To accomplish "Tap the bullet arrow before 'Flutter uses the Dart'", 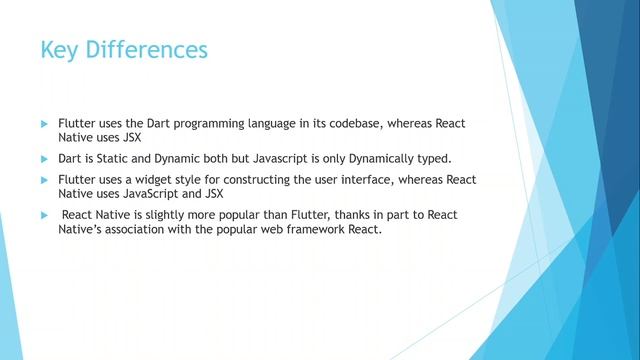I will [44, 123].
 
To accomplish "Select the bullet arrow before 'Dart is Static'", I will [44, 159].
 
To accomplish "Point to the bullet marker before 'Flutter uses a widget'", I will [44, 180].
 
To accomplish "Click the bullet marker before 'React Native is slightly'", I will [44, 216].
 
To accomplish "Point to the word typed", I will [431, 159].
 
